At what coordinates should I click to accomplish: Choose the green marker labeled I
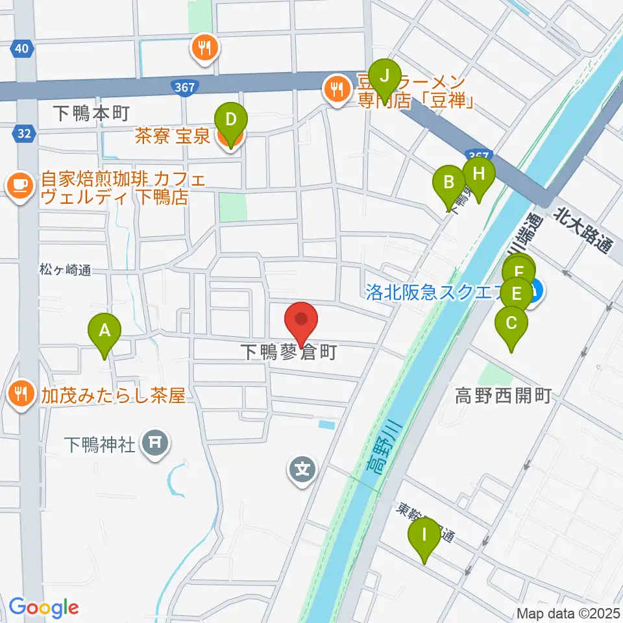[425, 537]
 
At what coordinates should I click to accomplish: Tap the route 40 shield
[22, 49]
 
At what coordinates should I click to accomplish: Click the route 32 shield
[22, 134]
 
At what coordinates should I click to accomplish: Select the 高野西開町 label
[504, 394]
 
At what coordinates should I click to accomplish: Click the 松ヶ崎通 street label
[64, 270]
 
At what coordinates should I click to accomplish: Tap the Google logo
[43, 608]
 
